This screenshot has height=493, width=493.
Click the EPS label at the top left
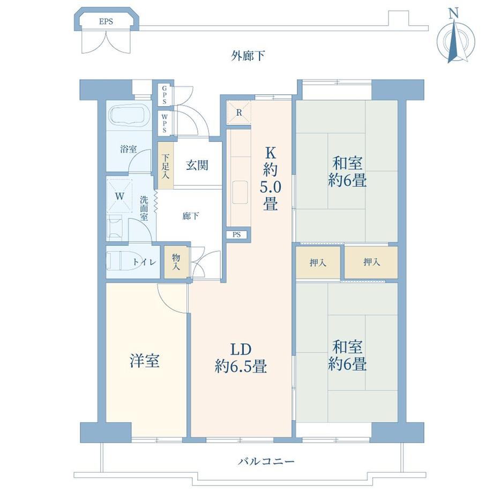(109, 22)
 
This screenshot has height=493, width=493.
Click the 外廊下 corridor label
(248, 56)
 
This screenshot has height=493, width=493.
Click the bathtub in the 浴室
(129, 116)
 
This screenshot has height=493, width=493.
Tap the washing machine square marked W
(120, 196)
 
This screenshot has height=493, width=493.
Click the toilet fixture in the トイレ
(121, 261)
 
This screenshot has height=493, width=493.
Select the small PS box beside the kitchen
(236, 235)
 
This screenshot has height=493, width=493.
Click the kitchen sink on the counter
(239, 191)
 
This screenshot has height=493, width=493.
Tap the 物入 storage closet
(176, 262)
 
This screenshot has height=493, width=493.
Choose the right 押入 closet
(371, 263)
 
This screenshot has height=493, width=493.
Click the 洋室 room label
(145, 361)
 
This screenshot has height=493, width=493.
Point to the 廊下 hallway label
(191, 216)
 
